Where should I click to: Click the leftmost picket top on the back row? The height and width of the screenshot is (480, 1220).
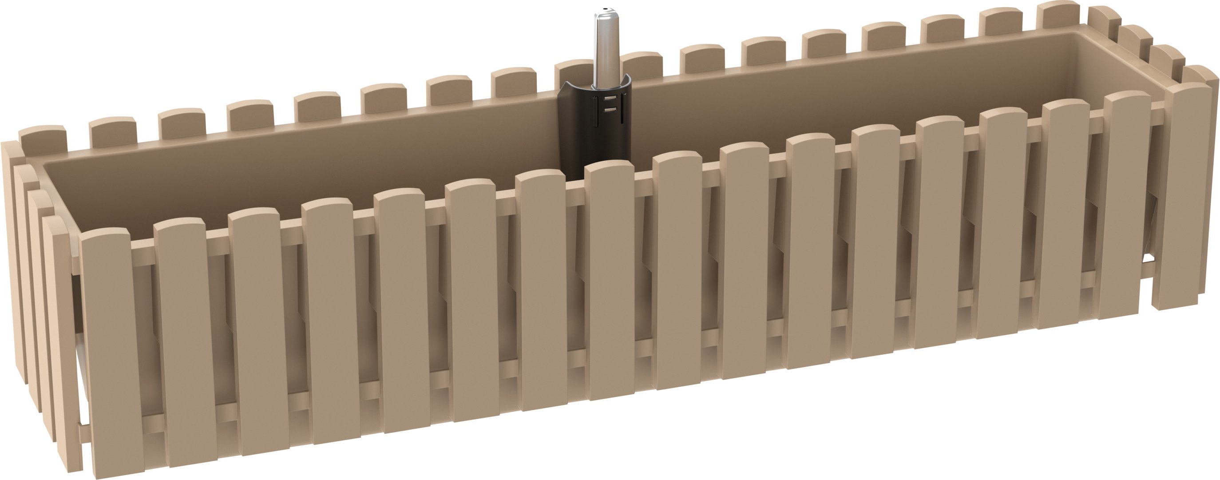coord(43,137)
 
